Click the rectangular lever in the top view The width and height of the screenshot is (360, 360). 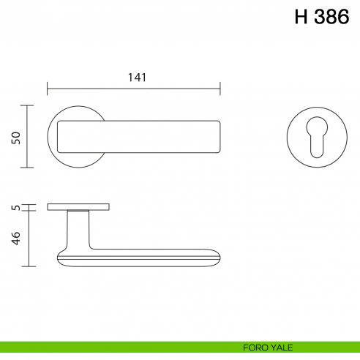139,137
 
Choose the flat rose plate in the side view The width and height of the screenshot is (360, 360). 79,207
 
